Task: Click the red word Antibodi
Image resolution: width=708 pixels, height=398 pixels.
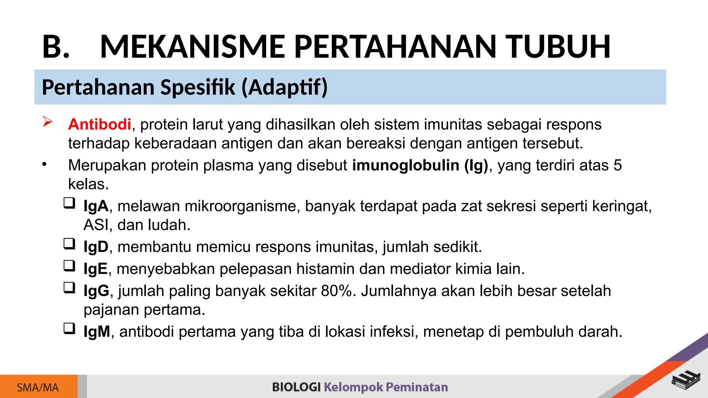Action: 100,124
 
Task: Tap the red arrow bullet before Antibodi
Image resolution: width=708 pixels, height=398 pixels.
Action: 47,122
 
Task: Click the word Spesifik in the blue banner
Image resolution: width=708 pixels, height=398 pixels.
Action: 198,87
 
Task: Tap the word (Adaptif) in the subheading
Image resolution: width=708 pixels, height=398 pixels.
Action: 284,87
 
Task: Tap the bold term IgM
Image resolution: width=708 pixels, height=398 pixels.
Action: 97,332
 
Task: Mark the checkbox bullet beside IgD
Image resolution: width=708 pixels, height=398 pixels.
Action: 69,244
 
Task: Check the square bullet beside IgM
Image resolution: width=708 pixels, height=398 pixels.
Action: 69,329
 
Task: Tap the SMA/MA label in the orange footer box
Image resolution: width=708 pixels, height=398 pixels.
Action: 38,388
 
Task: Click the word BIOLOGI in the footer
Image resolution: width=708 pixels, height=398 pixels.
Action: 296,387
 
